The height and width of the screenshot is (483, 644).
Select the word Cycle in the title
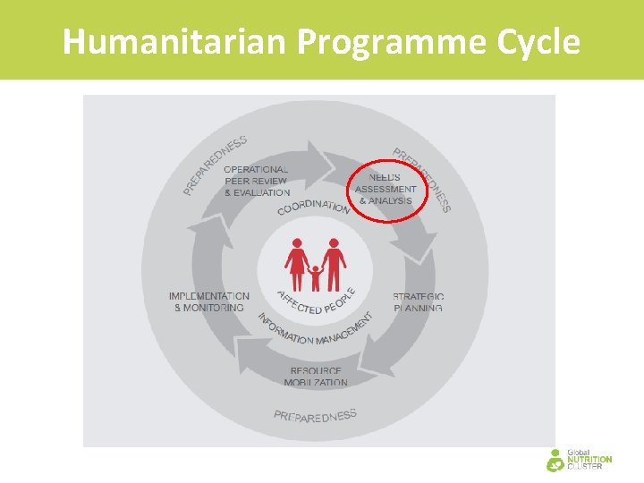pyautogui.click(x=537, y=41)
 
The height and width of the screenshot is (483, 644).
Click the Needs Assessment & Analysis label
pyautogui.click(x=386, y=189)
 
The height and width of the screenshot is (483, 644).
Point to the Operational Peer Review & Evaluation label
pyautogui.click(x=256, y=181)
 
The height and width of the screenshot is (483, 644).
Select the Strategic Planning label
pyautogui.click(x=419, y=302)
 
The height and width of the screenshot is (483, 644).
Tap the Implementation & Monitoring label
pyautogui.click(x=209, y=301)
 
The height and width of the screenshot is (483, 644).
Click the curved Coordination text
pyautogui.click(x=313, y=206)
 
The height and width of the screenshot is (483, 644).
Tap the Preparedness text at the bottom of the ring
pyautogui.click(x=315, y=415)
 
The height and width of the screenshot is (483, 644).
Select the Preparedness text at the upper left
pyautogui.click(x=215, y=165)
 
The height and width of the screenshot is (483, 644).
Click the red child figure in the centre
pyautogui.click(x=315, y=277)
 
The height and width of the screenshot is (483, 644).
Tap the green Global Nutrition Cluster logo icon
pyautogui.click(x=555, y=459)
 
